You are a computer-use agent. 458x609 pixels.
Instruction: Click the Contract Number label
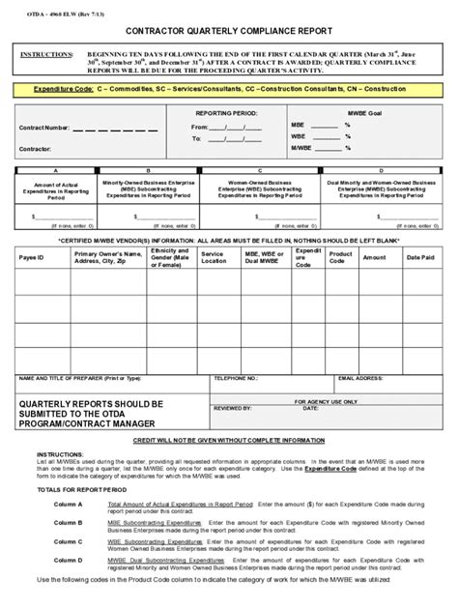(x=44, y=128)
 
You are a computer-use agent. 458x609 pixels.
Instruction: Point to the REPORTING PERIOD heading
(x=226, y=113)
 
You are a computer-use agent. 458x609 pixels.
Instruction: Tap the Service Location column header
(x=214, y=258)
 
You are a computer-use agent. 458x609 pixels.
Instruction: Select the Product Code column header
(x=339, y=258)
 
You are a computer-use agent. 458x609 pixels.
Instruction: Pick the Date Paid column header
(x=419, y=258)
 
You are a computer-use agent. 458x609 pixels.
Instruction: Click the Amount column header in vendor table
(x=374, y=258)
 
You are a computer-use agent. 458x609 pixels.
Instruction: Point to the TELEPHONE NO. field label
(x=236, y=379)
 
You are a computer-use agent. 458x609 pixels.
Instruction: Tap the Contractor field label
(x=37, y=150)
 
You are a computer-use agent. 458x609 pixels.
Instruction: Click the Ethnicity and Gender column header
(x=168, y=258)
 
